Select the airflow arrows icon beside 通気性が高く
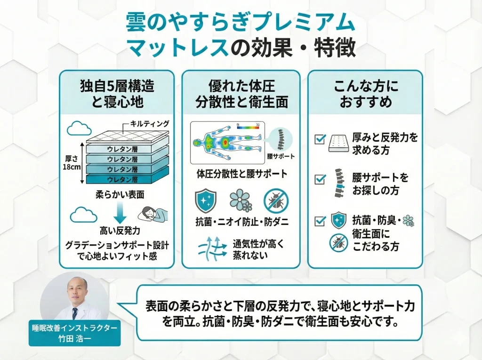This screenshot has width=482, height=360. pos(213,248)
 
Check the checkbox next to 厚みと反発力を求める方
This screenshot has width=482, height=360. pos(320,139)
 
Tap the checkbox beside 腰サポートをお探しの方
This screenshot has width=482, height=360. pos(320,179)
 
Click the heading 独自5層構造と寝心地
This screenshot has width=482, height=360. pos(117,94)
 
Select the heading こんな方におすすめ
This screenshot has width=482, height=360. pos(365,94)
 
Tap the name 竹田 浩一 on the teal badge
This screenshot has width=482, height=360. pos(74,337)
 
